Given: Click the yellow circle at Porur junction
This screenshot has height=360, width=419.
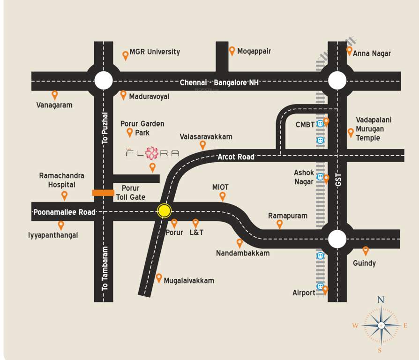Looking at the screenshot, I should tap(164, 210).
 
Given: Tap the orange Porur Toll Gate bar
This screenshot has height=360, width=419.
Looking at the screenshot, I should tap(103, 193).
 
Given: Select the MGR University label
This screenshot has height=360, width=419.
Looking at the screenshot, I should tap(155, 52).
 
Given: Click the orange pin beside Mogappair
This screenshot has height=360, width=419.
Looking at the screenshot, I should tap(232, 51).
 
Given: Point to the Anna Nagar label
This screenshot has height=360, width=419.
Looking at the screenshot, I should tap(372, 53).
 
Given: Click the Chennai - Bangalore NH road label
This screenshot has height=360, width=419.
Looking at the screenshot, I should tap(219, 82).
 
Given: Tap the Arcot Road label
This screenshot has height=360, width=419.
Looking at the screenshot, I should tap(236, 157).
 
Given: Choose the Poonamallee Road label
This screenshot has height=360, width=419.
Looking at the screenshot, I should tap(64, 212).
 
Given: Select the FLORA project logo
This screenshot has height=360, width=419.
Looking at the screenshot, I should tap(152, 153).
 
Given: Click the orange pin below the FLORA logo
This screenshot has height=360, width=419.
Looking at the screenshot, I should tap(152, 167).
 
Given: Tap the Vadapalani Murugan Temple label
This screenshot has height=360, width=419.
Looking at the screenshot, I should tap(374, 129).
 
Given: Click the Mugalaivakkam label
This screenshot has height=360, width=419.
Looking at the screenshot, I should tap(189, 280).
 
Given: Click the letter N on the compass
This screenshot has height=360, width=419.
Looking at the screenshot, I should tap(381, 300).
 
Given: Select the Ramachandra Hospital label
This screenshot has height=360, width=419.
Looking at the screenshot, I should tap(62, 180).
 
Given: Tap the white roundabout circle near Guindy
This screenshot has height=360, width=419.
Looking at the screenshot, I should tap(337, 239).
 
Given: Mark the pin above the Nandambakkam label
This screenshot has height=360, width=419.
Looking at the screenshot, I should tap(239, 243).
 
